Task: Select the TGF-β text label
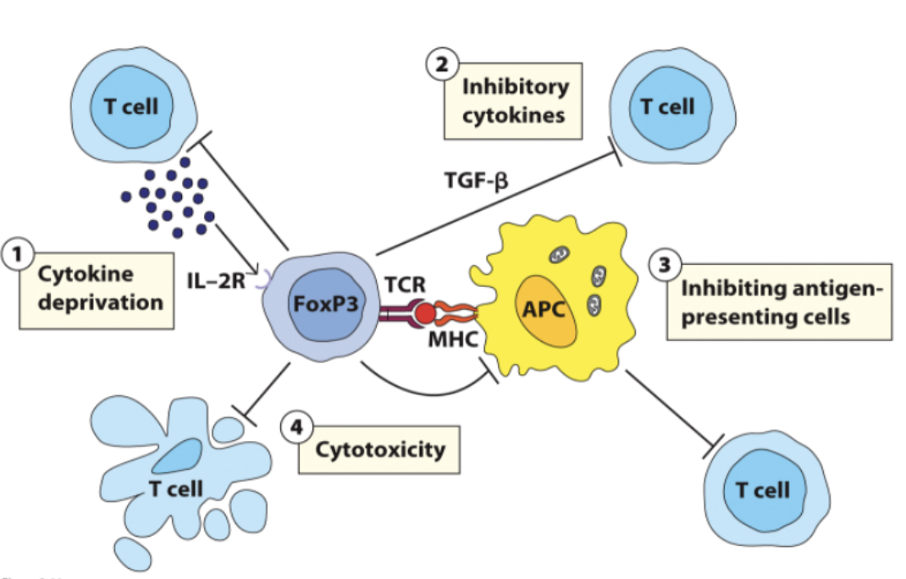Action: click(x=477, y=180)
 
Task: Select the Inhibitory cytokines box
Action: click(x=514, y=100)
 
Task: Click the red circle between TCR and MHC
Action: click(x=426, y=314)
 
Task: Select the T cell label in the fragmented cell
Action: click(x=175, y=488)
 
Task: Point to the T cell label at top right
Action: click(x=667, y=108)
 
